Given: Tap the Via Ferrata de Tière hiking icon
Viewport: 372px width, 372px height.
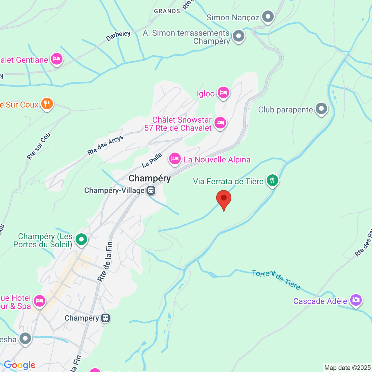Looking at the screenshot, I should coord(272,180).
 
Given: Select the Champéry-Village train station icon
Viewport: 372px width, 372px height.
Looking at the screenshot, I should coord(151,191).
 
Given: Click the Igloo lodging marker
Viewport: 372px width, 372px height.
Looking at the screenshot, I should coord(223,93).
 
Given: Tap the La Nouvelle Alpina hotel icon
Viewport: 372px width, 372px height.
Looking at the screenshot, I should coord(175,159).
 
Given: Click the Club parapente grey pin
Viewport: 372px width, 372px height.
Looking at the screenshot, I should coord(321,109).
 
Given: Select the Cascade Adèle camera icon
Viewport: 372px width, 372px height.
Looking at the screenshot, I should coord(356,300).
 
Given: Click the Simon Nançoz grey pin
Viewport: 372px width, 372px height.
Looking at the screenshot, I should coord(268,17).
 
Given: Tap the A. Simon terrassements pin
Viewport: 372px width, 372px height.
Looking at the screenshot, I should coord(239,36).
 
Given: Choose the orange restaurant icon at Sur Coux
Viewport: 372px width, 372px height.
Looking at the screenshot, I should coord(47,103).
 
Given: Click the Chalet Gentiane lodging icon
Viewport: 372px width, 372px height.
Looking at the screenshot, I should coord(57,59).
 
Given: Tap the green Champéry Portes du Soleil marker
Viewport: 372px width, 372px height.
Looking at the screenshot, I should coord(81,240).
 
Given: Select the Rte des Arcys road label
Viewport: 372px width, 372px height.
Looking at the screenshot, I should coord(105,145).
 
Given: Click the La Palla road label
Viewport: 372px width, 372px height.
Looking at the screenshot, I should coord(152,160).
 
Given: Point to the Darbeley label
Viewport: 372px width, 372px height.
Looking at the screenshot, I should coord(118,36).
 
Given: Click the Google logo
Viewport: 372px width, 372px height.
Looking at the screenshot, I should coord(19,365).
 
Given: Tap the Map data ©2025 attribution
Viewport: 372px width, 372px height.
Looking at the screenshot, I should coord(347,368).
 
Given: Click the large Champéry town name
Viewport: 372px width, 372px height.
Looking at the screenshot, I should coord(150,178).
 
